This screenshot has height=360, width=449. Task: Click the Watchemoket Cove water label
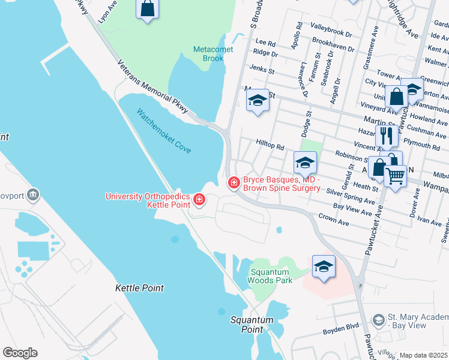coord(163,130)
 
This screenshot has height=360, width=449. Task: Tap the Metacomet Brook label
coord(209,54)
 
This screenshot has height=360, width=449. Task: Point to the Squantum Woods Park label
coord(270,276)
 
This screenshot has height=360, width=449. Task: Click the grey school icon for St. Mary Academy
coord(377,320)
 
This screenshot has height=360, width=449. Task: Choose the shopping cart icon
coord(395,176)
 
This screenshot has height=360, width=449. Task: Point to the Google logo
coord(20,353)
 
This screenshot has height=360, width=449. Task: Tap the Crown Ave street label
coord(334,219)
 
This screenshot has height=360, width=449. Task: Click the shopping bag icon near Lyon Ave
coord(147,8)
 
